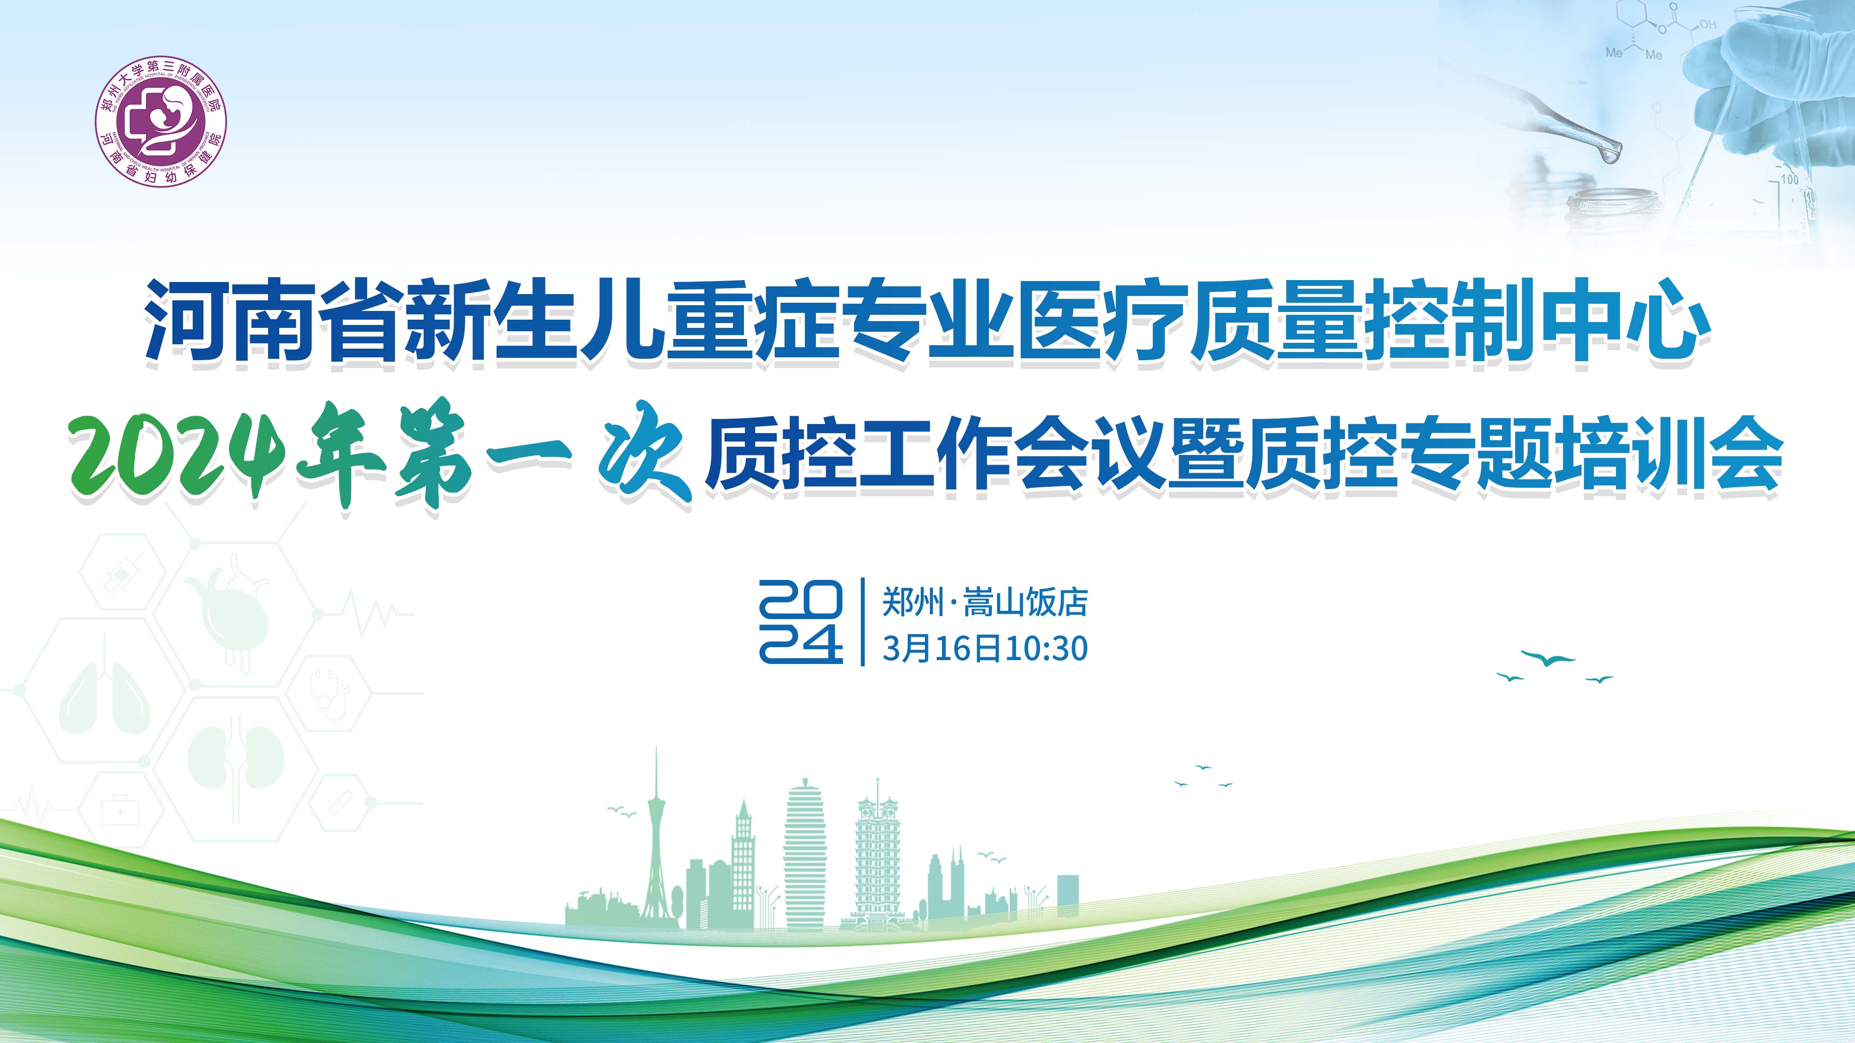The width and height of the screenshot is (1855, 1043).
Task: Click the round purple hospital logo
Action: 161,123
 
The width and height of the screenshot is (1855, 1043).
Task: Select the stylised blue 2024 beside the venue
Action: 801,621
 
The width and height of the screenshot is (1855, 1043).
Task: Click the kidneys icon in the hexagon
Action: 235,756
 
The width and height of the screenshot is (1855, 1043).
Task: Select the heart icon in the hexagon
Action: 227,608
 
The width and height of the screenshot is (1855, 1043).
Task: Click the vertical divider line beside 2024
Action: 863,622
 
